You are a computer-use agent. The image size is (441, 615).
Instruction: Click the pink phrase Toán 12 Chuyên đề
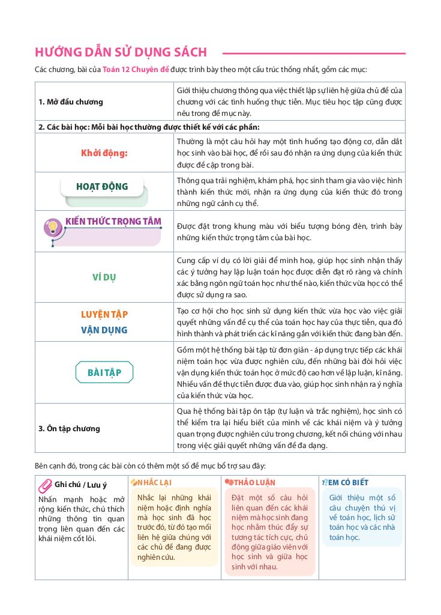[x=136, y=70]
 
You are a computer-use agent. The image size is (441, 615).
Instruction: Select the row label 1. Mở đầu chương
[x=71, y=101]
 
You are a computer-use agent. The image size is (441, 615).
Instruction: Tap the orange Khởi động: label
[x=104, y=153]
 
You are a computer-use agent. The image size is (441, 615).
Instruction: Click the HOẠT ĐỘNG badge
[x=103, y=187]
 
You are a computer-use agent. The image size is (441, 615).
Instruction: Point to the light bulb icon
[x=52, y=226]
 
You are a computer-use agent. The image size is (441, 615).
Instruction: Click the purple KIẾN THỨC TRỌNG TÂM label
[x=113, y=221]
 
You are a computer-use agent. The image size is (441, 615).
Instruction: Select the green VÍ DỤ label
[x=104, y=277]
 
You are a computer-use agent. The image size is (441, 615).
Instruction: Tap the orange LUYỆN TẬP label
[x=104, y=314]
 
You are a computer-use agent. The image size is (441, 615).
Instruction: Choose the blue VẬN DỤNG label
[x=104, y=330]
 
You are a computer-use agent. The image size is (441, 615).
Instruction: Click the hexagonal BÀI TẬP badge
[x=104, y=373]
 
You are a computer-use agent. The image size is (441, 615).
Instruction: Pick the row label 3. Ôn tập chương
[x=70, y=428]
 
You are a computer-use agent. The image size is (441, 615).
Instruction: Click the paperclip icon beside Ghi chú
[x=44, y=485]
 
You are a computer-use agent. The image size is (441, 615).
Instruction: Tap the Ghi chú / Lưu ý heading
[x=80, y=485]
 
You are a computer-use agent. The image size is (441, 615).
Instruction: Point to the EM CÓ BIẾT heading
[x=349, y=482]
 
